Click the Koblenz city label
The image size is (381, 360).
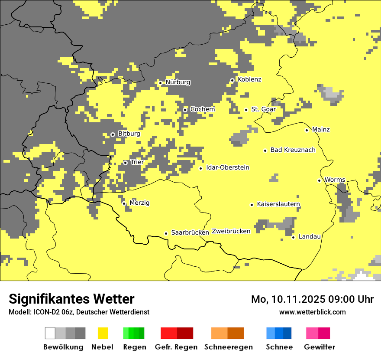click(x=249, y=79)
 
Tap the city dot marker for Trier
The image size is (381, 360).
click(x=125, y=163)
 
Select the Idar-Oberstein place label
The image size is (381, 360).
click(x=227, y=167)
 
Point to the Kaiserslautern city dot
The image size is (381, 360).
click(x=252, y=205)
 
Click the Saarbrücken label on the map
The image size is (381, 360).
click(x=190, y=232)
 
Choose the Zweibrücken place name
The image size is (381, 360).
click(x=231, y=231)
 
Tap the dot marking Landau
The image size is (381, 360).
click(x=293, y=237)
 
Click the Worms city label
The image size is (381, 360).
click(x=335, y=180)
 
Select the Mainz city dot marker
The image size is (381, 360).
click(x=307, y=130)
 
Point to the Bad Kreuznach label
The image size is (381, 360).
click(x=293, y=150)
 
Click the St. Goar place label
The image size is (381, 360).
click(x=263, y=109)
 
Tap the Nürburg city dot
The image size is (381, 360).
click(x=160, y=83)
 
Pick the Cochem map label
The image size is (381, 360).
click(x=202, y=109)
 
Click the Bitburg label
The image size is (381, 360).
click(x=129, y=134)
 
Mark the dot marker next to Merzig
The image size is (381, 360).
click(x=124, y=203)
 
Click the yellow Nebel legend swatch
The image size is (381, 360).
click(x=103, y=333)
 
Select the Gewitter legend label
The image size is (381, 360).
click(x=319, y=347)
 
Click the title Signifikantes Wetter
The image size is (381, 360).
click(x=71, y=299)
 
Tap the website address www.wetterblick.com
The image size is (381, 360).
click(x=312, y=312)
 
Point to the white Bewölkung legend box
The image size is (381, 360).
click(x=50, y=333)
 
